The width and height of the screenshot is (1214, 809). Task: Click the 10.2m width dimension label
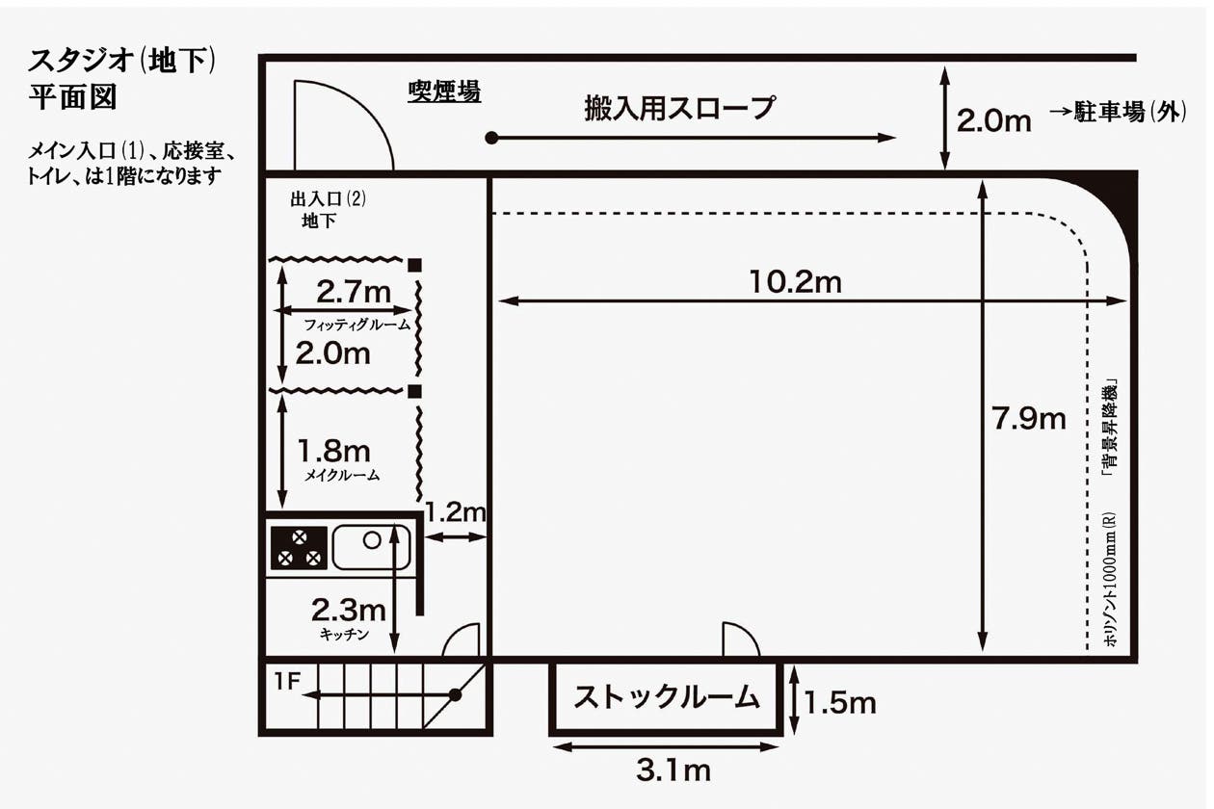[x=795, y=281]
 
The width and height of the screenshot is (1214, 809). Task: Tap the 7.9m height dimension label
[x=1029, y=419]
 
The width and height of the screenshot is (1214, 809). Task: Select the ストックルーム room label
[x=667, y=696]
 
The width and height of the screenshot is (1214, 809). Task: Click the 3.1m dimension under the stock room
[x=673, y=770]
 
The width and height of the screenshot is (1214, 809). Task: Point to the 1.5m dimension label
[x=840, y=703]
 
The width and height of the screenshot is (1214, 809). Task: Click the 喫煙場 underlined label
[x=444, y=92]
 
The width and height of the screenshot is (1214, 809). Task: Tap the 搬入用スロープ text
[x=679, y=108]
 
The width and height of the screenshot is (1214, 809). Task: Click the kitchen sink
[x=371, y=546]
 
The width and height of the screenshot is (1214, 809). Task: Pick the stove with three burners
[x=299, y=547]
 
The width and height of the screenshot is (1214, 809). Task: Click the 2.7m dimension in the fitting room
[x=354, y=291]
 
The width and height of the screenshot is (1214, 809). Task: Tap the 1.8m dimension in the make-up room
[x=333, y=450]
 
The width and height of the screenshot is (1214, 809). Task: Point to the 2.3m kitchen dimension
[x=348, y=609]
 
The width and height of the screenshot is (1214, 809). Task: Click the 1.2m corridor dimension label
[x=456, y=512]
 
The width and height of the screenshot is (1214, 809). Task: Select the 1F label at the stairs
[x=288, y=682]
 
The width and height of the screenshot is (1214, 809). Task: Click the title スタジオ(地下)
[x=120, y=62]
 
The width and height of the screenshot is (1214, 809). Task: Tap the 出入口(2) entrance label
[x=329, y=200]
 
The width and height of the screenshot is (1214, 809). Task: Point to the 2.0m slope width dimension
[x=993, y=121]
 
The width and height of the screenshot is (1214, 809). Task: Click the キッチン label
[x=344, y=635]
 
